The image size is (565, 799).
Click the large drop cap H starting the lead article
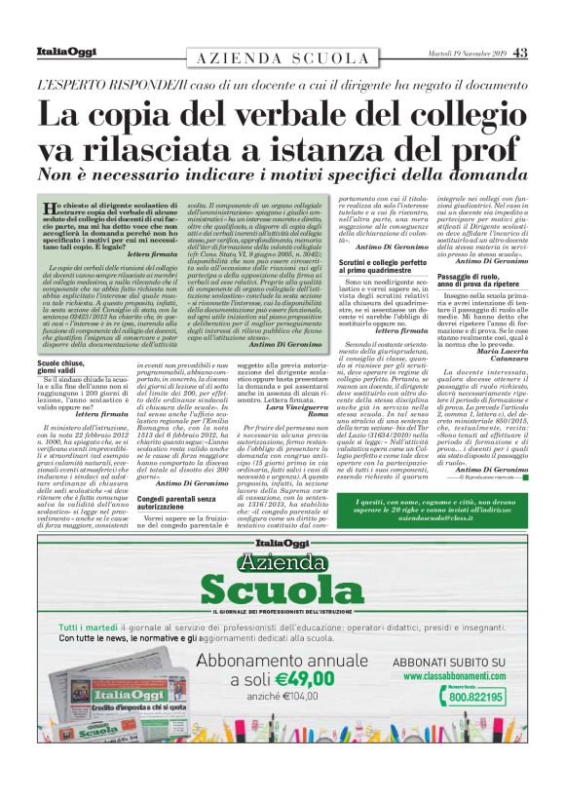click(54, 211)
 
